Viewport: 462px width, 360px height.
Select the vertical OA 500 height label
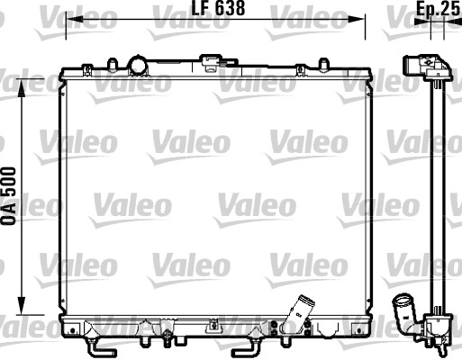coord(10,198)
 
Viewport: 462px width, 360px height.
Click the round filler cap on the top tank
coord(138,66)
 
